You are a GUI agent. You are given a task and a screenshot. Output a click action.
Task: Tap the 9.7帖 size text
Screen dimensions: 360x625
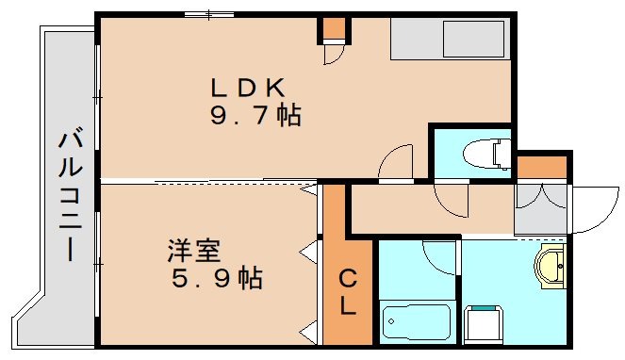click(x=255, y=117)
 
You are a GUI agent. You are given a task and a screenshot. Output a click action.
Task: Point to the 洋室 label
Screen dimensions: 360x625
click(x=194, y=252)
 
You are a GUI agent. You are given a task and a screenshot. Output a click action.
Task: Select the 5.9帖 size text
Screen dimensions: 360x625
click(x=216, y=279)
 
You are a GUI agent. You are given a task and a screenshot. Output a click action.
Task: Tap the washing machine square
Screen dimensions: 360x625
click(x=485, y=324)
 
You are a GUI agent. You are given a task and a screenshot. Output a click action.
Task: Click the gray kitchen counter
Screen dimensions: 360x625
click(x=449, y=40)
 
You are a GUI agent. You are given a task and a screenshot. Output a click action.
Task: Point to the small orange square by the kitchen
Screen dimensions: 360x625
click(x=333, y=28)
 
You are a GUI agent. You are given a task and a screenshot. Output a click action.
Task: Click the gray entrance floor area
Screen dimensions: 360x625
click(x=540, y=208)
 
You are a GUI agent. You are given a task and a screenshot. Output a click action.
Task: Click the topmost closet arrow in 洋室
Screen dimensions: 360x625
click(x=308, y=190)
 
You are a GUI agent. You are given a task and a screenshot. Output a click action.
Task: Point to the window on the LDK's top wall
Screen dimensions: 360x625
click(x=210, y=13)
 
